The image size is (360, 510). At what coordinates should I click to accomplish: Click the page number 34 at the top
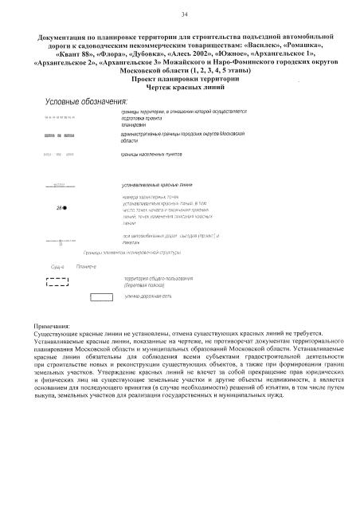click(x=184, y=15)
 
